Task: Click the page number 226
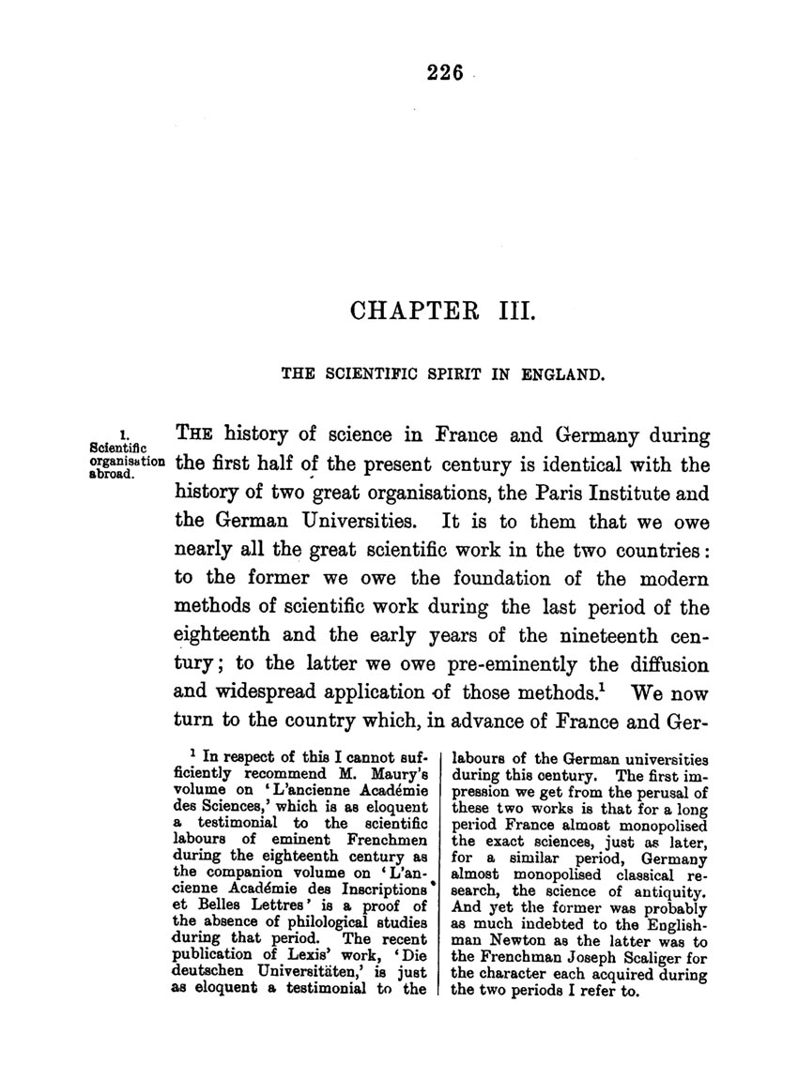click(445, 76)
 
